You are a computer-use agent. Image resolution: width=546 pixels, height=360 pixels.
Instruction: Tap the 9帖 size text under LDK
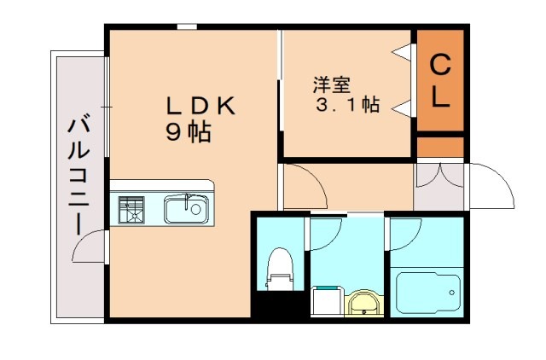click(189, 132)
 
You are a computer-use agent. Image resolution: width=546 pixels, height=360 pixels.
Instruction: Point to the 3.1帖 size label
click(348, 106)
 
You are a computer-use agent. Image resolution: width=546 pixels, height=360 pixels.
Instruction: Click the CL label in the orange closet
click(439, 81)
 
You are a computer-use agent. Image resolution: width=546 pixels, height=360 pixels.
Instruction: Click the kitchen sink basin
click(185, 208)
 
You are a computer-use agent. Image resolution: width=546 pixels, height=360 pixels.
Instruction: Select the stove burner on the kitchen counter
click(132, 209)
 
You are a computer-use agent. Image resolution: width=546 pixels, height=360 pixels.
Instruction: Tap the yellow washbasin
click(365, 302)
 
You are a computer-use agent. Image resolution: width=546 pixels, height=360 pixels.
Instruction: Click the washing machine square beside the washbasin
click(326, 301)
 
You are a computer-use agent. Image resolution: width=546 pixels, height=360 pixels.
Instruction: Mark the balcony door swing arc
click(87, 247)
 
